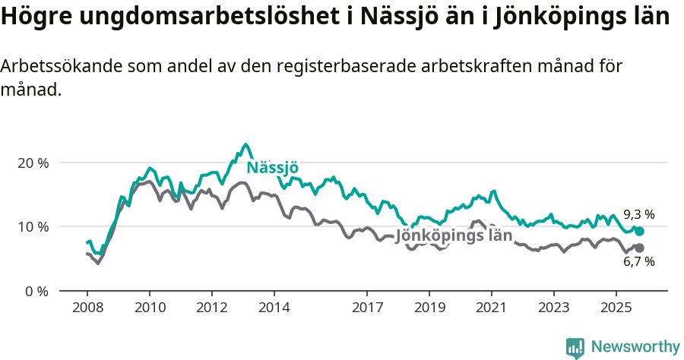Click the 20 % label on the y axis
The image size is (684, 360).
pos(33,163)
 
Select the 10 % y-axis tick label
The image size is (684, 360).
pos(33,227)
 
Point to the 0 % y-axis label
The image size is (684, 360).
pos(36,291)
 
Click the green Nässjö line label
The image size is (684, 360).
pos(272,168)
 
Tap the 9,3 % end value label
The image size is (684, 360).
pos(638,214)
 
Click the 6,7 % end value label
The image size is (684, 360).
pos(638,262)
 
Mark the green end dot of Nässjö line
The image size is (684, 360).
pos(639,232)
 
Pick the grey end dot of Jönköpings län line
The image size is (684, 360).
pos(639,248)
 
